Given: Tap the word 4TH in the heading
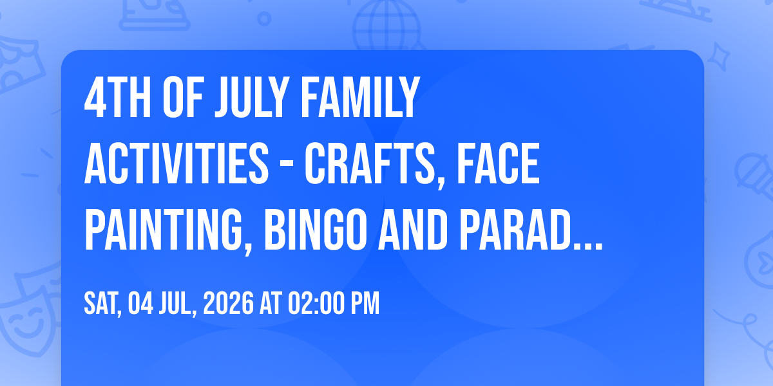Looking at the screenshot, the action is tap(117, 98).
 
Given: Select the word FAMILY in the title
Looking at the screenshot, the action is tap(361, 98).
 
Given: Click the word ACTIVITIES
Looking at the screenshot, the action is tap(177, 163).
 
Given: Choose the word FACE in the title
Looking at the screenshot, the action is tap(499, 163).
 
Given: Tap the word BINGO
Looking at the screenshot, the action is tap(316, 230).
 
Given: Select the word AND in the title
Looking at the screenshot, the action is tap(413, 230).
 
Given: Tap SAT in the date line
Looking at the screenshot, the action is tap(102, 304).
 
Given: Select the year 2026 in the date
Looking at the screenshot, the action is tap(229, 303).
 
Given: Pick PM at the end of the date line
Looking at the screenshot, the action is tap(365, 303).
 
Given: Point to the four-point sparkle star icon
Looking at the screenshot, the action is tap(718, 56).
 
